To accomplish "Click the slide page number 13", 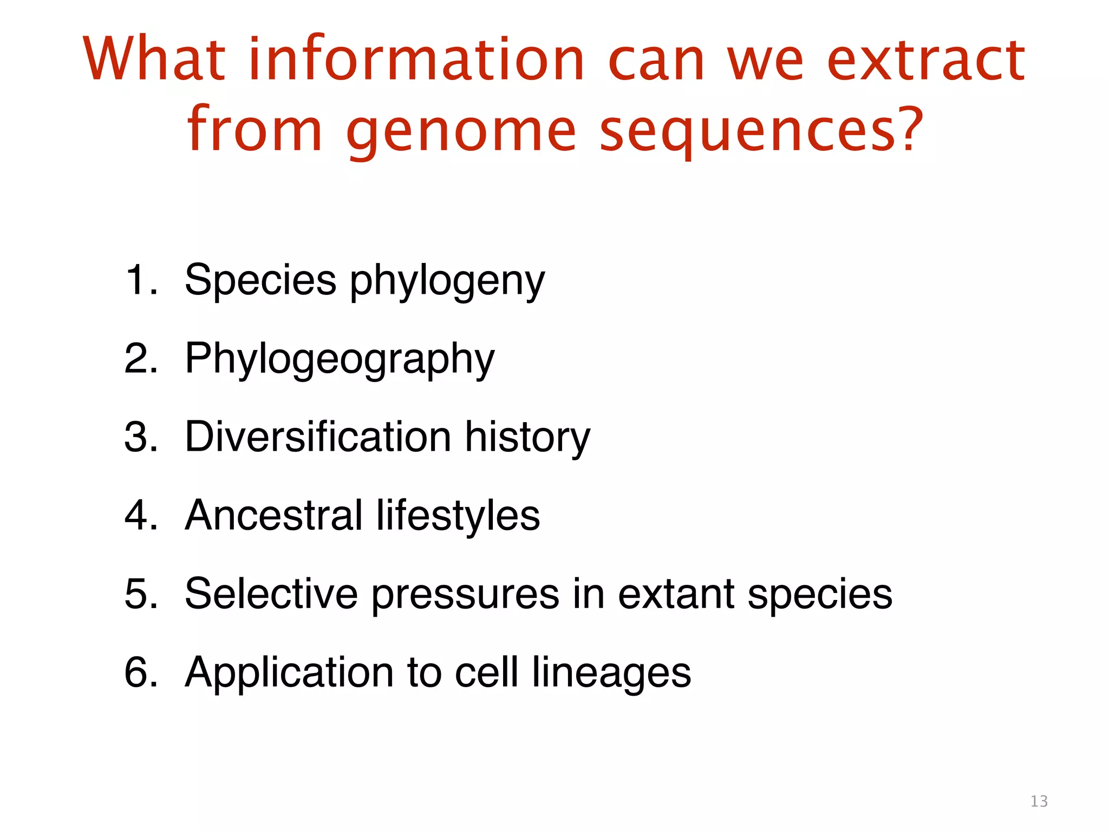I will click(x=1039, y=801).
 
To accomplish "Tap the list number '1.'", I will click(x=142, y=280).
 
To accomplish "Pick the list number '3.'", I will click(x=142, y=437).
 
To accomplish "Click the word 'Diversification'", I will click(x=318, y=437).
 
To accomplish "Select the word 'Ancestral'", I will click(x=273, y=515).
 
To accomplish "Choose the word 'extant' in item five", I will click(x=676, y=593).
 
